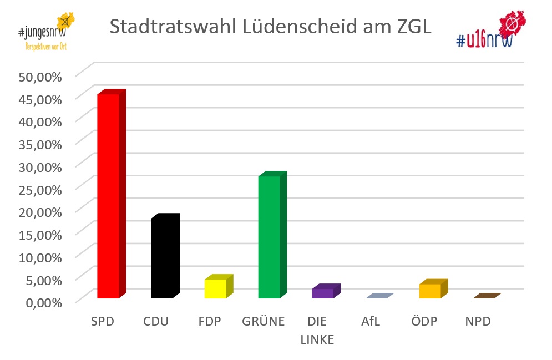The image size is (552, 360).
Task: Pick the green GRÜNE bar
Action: click(269, 237)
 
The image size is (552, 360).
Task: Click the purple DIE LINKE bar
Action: click(323, 293)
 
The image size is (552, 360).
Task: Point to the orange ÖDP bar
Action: click(430, 291)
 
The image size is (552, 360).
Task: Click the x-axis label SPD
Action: click(103, 321)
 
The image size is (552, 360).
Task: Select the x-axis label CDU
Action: click(156, 321)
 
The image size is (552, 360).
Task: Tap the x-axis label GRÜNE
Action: click(264, 321)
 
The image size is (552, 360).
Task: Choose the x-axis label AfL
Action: click(371, 321)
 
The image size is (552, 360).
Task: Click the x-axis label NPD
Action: click(478, 321)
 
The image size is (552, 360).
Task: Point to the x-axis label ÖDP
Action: click(424, 321)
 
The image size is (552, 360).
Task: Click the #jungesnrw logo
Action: click(47, 31)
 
